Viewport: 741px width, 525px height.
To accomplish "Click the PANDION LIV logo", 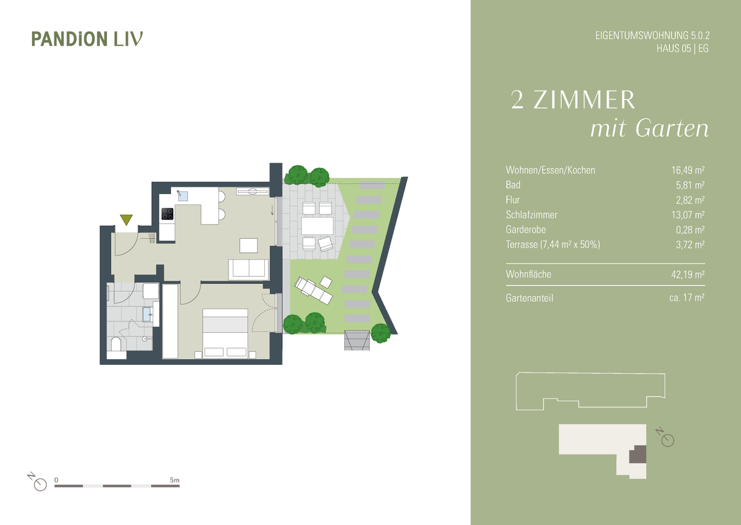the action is [x=87, y=39].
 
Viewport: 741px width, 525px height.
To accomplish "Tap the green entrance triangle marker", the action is [x=127, y=219].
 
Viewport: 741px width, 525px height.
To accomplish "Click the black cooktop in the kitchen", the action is [x=167, y=214].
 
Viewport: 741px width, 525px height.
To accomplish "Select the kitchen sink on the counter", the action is [x=183, y=196].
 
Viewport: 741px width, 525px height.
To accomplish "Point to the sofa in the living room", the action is [x=248, y=269].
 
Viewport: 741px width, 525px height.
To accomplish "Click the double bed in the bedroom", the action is [x=225, y=333].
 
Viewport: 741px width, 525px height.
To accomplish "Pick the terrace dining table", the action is [x=317, y=226].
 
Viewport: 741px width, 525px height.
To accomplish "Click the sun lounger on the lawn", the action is [x=313, y=291].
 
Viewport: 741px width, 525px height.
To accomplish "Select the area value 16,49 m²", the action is [x=688, y=170].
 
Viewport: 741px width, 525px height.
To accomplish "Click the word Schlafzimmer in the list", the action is [x=531, y=215].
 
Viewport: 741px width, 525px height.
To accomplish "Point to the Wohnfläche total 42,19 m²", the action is [x=688, y=275].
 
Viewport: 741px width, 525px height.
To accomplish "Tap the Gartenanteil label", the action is [x=529, y=298].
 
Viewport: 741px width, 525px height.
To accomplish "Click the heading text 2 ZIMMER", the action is [x=573, y=100].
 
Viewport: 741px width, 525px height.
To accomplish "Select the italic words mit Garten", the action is [x=650, y=129].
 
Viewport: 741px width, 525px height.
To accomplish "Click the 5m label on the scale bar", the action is [x=174, y=480].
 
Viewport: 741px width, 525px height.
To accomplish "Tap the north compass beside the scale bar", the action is [x=38, y=482].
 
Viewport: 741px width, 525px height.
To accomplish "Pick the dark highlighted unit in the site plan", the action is [x=637, y=454].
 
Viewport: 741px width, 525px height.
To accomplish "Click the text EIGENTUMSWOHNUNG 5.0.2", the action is [x=652, y=35].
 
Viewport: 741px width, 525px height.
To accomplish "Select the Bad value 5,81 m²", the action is [x=690, y=185].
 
